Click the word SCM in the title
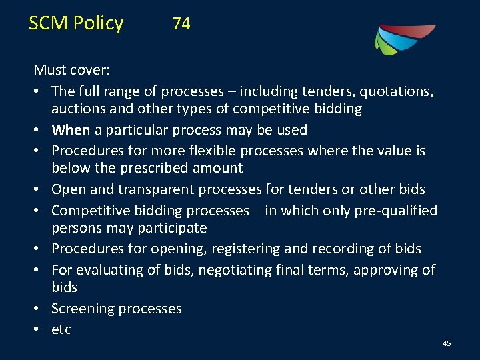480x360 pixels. coord(49,23)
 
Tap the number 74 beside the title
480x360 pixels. coord(181,24)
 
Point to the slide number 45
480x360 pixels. coord(447,343)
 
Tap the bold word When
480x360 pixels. coord(71,129)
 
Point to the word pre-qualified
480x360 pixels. coord(395,211)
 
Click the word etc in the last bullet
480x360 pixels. coord(61,329)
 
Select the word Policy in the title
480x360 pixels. coord(99,23)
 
